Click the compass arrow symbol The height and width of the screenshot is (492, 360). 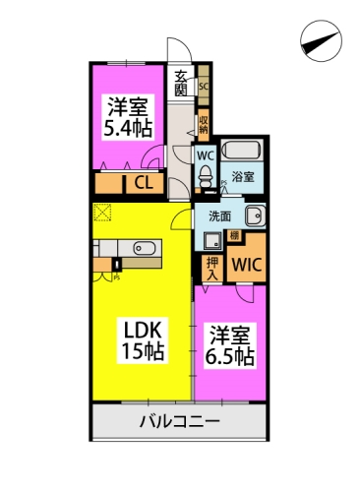322,41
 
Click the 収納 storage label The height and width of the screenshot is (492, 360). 204,123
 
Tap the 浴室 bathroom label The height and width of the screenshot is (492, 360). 245,177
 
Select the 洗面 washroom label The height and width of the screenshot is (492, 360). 218,215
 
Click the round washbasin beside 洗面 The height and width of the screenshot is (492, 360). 253,215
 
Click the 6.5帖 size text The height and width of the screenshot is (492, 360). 229,356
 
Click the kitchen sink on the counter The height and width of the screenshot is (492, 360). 144,249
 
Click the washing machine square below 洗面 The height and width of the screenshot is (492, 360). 213,239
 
